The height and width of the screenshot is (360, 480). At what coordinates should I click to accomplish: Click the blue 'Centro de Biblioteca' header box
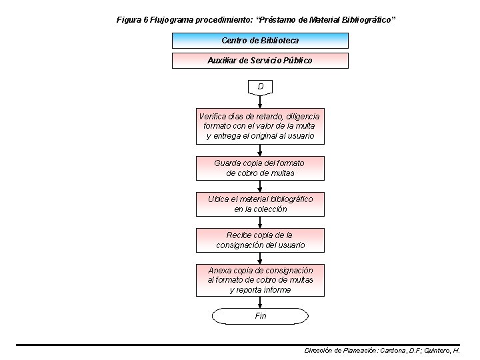point(260,40)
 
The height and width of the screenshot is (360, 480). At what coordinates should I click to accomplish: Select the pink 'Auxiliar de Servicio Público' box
point(260,60)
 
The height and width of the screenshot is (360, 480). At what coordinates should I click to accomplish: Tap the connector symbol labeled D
point(260,87)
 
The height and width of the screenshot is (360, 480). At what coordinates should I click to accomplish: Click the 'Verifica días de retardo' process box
point(260,126)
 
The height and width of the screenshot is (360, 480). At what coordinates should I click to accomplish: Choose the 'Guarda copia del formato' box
point(260,168)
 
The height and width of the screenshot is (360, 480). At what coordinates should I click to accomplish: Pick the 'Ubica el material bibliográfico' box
point(260,204)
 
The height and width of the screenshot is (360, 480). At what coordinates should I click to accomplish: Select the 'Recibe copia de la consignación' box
point(260,240)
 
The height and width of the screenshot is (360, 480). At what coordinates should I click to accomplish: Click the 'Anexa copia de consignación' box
point(260,280)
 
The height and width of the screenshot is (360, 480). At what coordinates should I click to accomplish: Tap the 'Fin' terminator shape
point(260,315)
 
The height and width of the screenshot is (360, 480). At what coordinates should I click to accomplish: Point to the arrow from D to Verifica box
point(260,101)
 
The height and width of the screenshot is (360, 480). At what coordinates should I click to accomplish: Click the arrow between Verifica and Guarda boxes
point(260,150)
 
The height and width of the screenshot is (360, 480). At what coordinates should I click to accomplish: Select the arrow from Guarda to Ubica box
point(260,186)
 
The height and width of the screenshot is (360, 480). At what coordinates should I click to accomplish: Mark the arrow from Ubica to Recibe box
point(260,222)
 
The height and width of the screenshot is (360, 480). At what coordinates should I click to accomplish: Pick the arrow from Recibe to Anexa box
point(260,258)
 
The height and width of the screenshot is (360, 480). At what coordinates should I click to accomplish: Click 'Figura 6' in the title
point(132,20)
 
